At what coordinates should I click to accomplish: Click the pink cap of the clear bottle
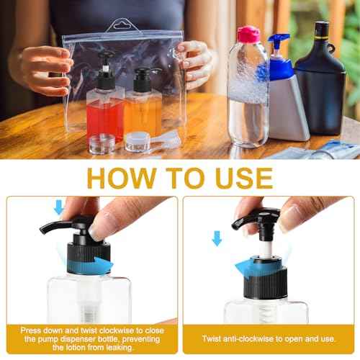pyautogui.click(x=248, y=35)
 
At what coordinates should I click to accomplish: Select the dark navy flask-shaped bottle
pyautogui.click(x=320, y=79)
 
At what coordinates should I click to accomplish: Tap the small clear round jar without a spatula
pyautogui.click(x=102, y=143)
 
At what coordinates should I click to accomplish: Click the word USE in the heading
pyautogui.click(x=244, y=178)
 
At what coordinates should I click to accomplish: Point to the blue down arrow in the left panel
pyautogui.click(x=59, y=207)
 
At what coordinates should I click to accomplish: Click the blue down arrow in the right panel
pyautogui.click(x=217, y=238)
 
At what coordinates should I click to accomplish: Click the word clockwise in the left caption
pyautogui.click(x=117, y=330)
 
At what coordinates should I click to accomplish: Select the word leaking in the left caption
pyautogui.click(x=119, y=348)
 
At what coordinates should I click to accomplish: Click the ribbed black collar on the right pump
pyautogui.click(x=266, y=284)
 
